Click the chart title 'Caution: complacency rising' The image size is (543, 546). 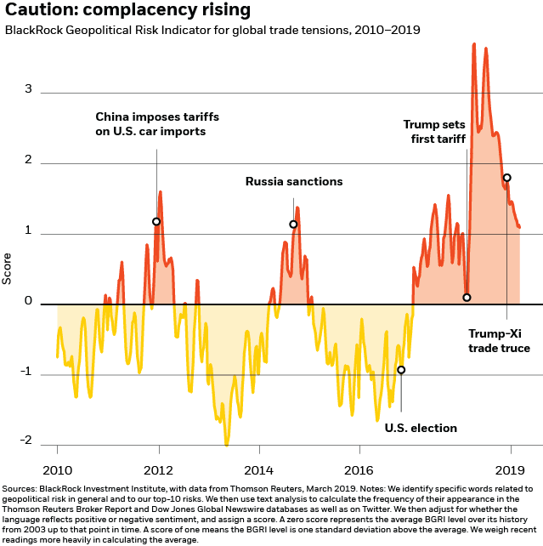pyautogui.click(x=128, y=11)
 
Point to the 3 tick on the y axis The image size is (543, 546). pyautogui.click(x=29, y=89)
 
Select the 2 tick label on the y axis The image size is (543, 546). pyautogui.click(x=29, y=160)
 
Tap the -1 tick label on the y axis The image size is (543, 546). pyautogui.click(x=26, y=372)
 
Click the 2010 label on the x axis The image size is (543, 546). pyautogui.click(x=58, y=469)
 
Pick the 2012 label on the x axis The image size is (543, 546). pyautogui.click(x=158, y=469)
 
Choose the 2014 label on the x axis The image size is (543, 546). pyautogui.click(x=258, y=469)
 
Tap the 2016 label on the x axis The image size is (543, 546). pyautogui.click(x=359, y=469)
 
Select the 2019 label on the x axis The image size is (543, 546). pyautogui.click(x=510, y=469)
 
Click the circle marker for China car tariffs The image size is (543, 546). pyautogui.click(x=156, y=221)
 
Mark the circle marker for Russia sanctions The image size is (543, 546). pyautogui.click(x=293, y=225)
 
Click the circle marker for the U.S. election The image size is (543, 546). pyautogui.click(x=401, y=370)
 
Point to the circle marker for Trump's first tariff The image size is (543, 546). pyautogui.click(x=467, y=297)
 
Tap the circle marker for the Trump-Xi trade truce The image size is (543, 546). pyautogui.click(x=506, y=178)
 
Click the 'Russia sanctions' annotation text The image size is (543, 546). pyautogui.click(x=294, y=181)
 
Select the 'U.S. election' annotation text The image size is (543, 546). pyautogui.click(x=421, y=428)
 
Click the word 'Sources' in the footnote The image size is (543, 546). pyautogui.click(x=22, y=488)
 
